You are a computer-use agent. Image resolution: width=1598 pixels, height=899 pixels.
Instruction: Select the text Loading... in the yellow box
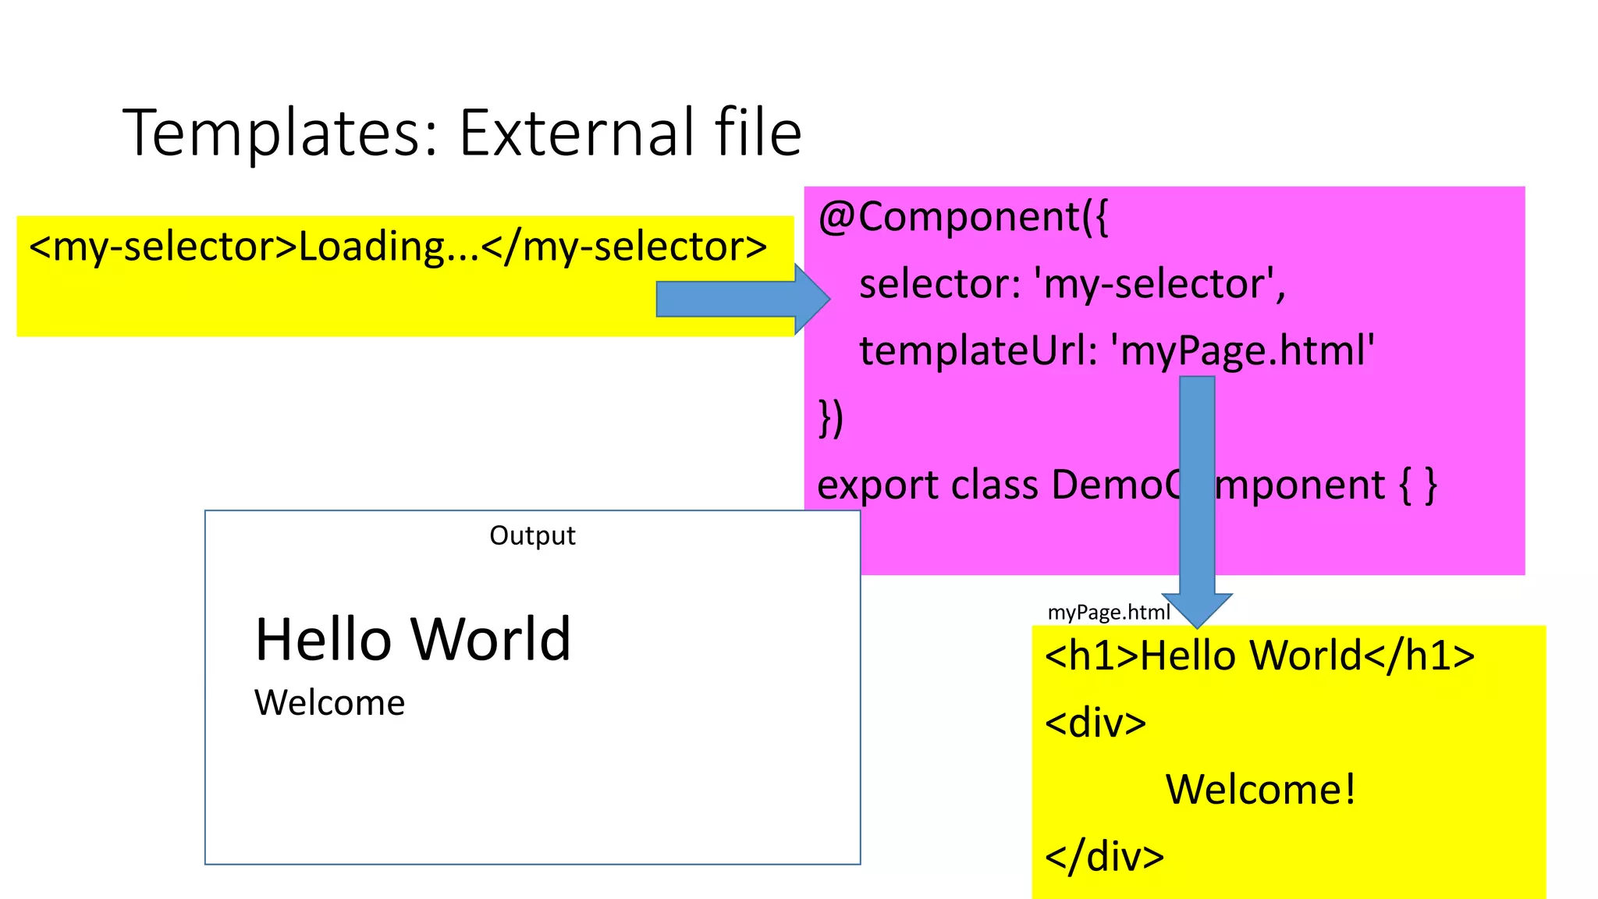point(389,247)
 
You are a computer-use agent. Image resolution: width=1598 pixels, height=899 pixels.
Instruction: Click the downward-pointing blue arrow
point(1197,499)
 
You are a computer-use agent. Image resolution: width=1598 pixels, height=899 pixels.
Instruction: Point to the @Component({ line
point(963,217)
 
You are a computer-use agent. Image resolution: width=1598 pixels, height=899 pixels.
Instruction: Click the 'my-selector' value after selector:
point(1159,284)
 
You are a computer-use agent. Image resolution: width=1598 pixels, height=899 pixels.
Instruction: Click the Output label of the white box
point(532,535)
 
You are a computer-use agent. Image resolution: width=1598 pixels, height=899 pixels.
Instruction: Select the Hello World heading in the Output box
point(413,639)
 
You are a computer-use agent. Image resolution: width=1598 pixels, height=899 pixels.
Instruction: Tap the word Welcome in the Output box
point(329,703)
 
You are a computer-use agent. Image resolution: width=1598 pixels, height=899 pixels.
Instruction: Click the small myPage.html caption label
point(1108,613)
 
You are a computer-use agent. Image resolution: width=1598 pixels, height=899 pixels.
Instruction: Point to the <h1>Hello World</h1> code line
point(1259,656)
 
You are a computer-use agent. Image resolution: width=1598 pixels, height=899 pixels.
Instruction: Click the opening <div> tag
point(1096,723)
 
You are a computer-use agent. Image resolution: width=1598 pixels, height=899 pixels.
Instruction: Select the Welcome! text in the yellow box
point(1261,790)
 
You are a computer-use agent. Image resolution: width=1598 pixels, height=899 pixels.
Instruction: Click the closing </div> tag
point(1104,857)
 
